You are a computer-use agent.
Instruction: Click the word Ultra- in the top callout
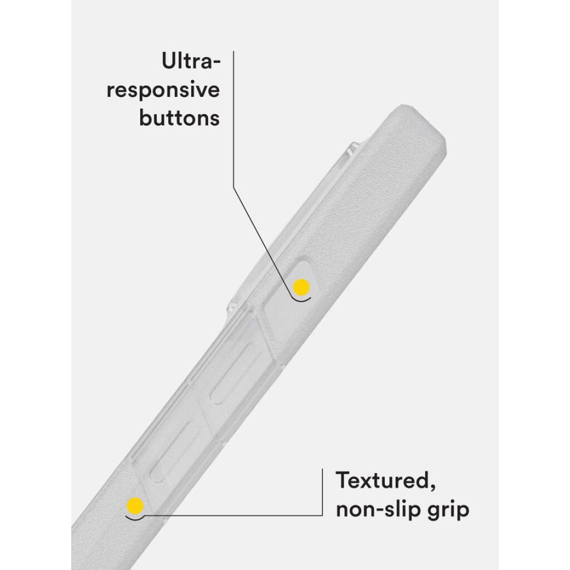point(191,61)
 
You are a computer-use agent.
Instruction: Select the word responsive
point(163,91)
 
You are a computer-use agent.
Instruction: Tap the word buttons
point(180,118)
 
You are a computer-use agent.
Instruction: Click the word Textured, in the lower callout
point(386,481)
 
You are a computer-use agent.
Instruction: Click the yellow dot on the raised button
point(302,287)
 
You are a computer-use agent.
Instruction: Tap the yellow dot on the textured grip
point(135,506)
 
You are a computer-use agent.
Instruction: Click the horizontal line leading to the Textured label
point(233,515)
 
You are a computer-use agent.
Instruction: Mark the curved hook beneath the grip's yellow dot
point(135,518)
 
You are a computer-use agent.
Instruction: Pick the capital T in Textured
point(344,480)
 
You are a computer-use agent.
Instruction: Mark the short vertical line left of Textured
point(322,491)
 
